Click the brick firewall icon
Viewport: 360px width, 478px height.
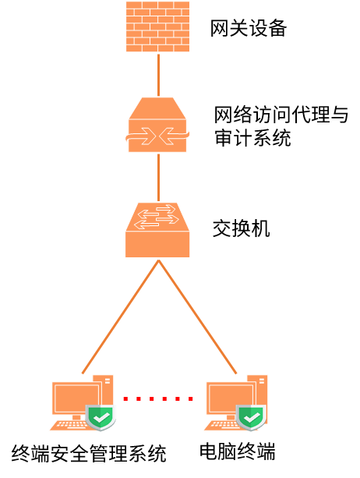point(157,27)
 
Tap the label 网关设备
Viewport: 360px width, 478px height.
point(249,28)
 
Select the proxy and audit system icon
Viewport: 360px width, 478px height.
point(157,125)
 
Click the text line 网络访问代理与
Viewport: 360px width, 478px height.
point(281,115)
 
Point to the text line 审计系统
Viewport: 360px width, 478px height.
point(252,137)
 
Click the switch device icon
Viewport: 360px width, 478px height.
point(157,230)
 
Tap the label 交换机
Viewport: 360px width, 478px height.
point(242,228)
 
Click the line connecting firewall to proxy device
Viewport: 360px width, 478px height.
point(158,75)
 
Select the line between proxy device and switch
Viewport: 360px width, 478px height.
point(158,178)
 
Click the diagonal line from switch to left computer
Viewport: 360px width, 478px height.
point(120,317)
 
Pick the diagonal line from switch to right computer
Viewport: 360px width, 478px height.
point(197,317)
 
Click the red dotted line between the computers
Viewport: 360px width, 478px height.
point(158,398)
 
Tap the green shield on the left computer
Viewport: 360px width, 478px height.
point(101,417)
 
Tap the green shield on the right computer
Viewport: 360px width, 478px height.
point(251,417)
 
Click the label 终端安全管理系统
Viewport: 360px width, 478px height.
point(89,454)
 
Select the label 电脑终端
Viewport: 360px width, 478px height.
point(238,451)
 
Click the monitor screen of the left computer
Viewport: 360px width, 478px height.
point(76,398)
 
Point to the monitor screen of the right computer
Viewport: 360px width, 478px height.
point(230,398)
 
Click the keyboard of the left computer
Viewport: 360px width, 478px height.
point(70,425)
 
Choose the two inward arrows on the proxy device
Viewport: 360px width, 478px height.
point(157,136)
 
